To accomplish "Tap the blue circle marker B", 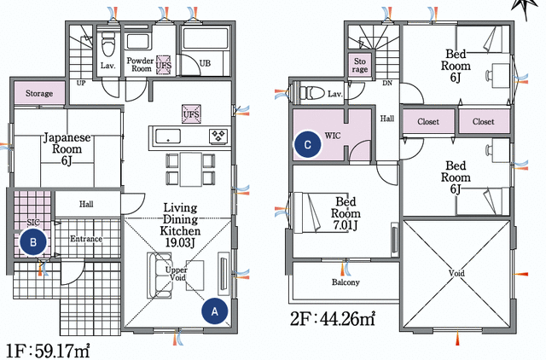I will point(33,241).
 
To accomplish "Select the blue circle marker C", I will point(307,145).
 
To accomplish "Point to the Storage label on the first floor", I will point(38,93).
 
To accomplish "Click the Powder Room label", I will point(139,67).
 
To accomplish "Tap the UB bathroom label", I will point(205,64).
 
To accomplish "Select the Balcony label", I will point(346,282).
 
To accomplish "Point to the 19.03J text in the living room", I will point(180,243).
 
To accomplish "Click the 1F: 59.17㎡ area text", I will point(49,349).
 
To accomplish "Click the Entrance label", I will point(85,239).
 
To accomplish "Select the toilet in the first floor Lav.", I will point(107,43).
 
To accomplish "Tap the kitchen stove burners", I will point(218,136).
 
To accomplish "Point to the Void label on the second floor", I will point(456,276).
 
